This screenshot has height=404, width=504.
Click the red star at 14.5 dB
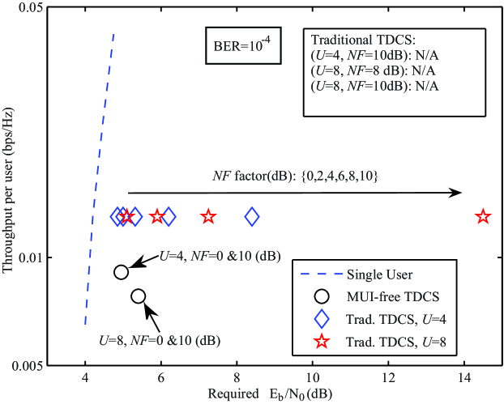483,216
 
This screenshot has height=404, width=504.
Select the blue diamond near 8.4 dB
252,216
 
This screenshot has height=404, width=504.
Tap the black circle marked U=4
121,272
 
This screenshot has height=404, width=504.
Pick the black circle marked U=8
138,296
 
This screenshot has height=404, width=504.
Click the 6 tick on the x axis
161,377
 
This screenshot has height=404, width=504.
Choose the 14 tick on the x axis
464,377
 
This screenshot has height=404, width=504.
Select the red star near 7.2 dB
208,216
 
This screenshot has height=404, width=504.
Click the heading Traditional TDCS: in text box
363,38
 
